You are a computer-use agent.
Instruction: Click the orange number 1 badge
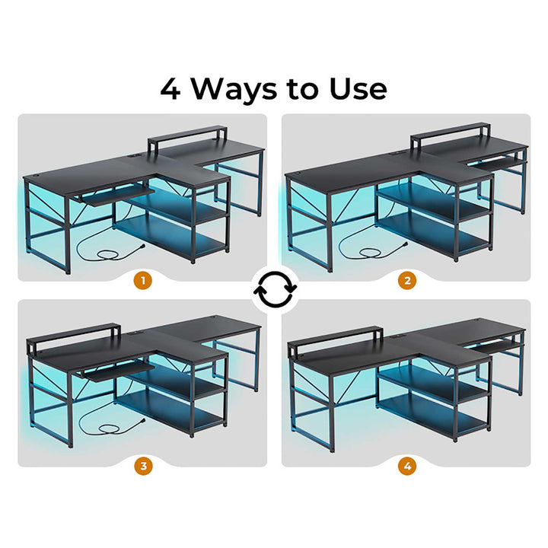[x=143, y=280]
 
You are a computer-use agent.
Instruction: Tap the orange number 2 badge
[x=407, y=280]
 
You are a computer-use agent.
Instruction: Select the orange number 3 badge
[x=143, y=466]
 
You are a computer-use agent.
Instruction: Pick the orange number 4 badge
[x=407, y=466]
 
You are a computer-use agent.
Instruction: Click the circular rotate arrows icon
[x=275, y=289]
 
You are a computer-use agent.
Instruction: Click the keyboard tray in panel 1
[x=116, y=196]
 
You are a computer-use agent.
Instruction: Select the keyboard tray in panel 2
[x=495, y=163]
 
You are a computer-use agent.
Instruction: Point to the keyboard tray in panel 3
[x=115, y=372]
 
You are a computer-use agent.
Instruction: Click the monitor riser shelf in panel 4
[x=335, y=342]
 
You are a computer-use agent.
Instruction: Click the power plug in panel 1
[x=142, y=247]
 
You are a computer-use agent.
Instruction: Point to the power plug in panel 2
[x=404, y=244]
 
